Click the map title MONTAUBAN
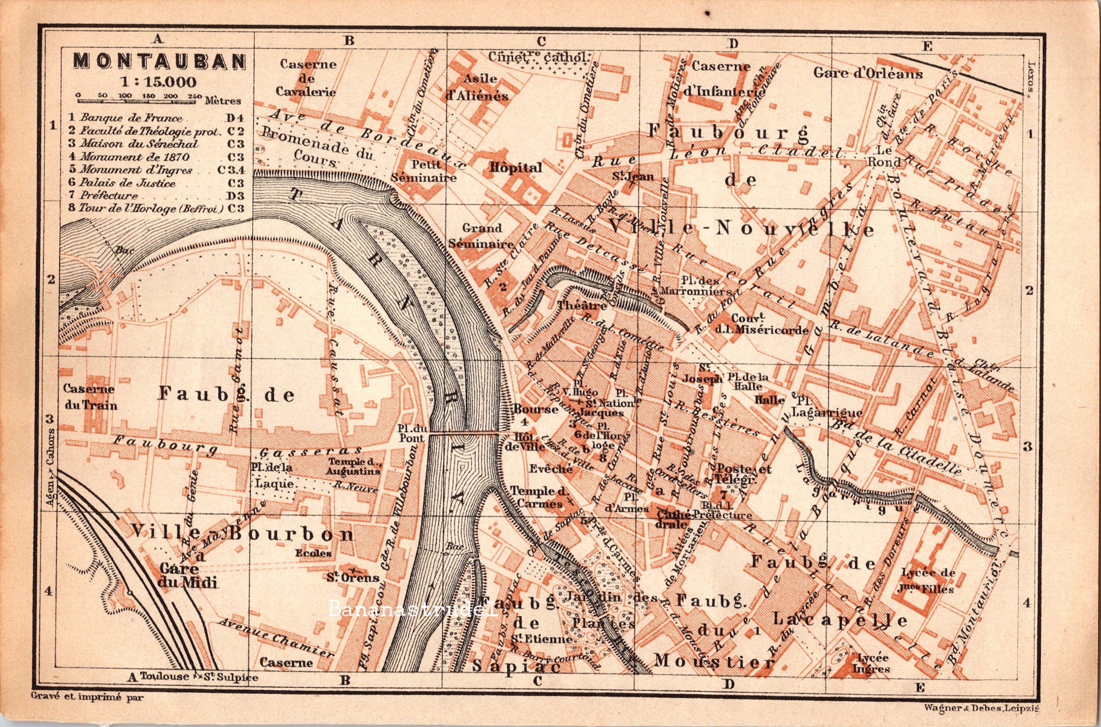pos(160,61)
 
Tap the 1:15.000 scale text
pos(157,82)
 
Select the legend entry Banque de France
pos(131,118)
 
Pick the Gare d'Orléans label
pos(868,74)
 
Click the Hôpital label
pos(515,167)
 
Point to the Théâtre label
pos(575,305)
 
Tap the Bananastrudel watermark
pos(413,609)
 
